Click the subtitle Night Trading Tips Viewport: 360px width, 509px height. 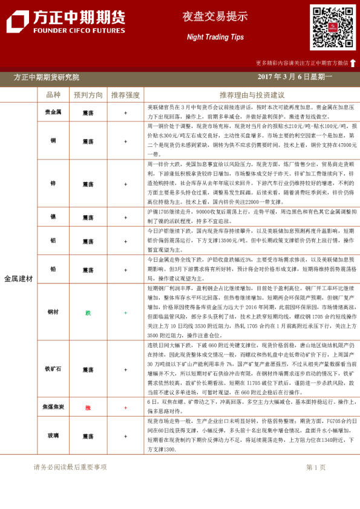pos(215,37)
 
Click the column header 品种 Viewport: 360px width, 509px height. pos(53,95)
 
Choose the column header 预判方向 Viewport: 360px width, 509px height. pos(88,95)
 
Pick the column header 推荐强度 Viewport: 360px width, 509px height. pos(125,95)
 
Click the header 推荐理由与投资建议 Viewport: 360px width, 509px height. pos(252,95)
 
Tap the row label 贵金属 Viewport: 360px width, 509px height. pos(53,112)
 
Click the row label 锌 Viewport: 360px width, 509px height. pos(53,183)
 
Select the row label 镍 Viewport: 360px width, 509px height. pos(53,216)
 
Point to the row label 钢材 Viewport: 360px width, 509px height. pos(53,313)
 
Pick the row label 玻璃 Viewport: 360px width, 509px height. pos(53,436)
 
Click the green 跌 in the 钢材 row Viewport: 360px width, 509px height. pos(88,313)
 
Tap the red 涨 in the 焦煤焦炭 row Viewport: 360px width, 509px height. pos(88,408)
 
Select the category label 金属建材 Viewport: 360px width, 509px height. pos(18,278)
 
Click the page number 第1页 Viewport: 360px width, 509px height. pos(315,467)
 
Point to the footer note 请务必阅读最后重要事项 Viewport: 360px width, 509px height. pos(70,467)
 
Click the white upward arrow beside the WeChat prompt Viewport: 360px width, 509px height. pos(353,62)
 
